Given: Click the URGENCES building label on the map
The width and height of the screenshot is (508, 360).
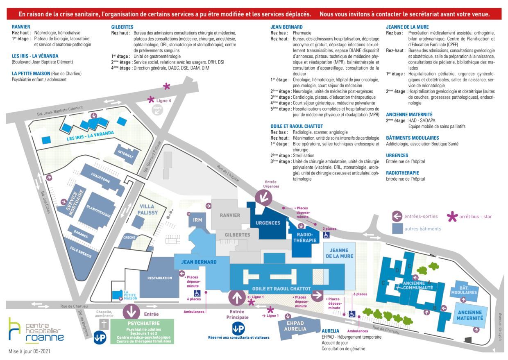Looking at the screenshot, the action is pyautogui.click(x=268, y=223).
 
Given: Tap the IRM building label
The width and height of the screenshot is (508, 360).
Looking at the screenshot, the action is pyautogui.click(x=197, y=220).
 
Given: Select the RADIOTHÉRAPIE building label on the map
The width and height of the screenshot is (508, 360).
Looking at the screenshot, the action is pyautogui.click(x=305, y=238).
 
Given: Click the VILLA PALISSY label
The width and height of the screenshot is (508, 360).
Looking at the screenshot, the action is pyautogui.click(x=147, y=209).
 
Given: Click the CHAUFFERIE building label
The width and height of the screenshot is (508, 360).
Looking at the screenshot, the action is pyautogui.click(x=100, y=177).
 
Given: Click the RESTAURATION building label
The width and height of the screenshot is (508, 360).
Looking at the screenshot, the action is pyautogui.click(x=160, y=278).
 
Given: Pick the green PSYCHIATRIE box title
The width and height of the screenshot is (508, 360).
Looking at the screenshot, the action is pyautogui.click(x=143, y=323).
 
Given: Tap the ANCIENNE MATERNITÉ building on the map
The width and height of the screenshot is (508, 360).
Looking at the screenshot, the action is pyautogui.click(x=470, y=315).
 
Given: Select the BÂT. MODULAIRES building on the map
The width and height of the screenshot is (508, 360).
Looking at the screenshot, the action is pyautogui.click(x=464, y=291).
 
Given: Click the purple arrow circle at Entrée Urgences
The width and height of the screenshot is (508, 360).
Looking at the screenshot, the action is pyautogui.click(x=263, y=198).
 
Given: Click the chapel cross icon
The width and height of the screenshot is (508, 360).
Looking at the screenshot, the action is pyautogui.click(x=104, y=324).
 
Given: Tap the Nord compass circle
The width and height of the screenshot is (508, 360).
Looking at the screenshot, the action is pyautogui.click(x=157, y=110).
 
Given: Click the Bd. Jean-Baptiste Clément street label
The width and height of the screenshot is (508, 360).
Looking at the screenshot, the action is pyautogui.click(x=60, y=111).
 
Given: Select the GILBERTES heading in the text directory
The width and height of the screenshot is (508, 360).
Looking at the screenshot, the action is pyautogui.click(x=122, y=27).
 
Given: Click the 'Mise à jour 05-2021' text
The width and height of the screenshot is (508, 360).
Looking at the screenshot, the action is pyautogui.click(x=29, y=351).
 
